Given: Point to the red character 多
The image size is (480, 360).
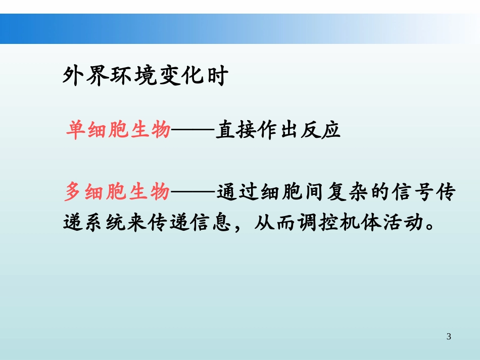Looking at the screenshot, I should click(75, 192).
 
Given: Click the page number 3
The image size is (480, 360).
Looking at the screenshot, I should click(449, 337).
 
